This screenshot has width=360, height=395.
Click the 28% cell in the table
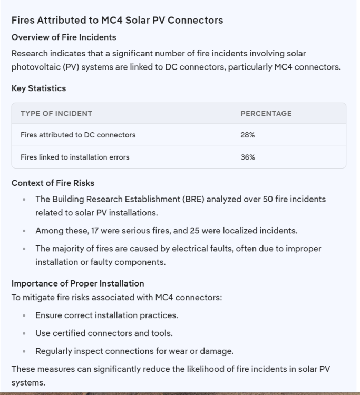coord(248,135)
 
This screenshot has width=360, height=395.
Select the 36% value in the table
coord(248,157)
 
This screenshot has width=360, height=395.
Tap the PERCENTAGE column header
coord(266,113)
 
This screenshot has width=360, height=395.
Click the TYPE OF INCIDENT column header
coord(56,113)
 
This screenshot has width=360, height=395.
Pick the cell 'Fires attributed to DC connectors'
coord(78,135)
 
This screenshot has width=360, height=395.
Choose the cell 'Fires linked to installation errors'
coord(75,157)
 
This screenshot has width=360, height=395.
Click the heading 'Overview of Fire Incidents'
coord(64,37)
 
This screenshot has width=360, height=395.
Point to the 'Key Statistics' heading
coord(38,88)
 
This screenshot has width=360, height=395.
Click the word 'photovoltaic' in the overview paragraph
coord(33,67)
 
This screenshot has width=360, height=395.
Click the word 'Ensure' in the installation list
coord(48,316)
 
